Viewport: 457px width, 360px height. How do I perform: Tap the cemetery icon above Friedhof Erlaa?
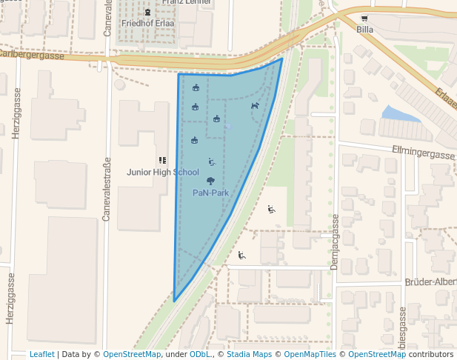tap(147, 12)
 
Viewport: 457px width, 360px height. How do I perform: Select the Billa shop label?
tap(364, 29)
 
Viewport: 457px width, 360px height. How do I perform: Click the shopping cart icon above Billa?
tap(364, 18)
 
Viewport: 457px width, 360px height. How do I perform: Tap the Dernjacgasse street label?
tap(335, 241)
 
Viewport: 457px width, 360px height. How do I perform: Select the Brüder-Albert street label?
tap(430, 282)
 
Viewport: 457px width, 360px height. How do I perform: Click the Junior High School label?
tap(162, 172)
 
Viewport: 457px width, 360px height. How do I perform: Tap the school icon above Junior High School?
tap(162, 160)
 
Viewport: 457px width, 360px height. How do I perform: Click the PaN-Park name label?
tap(210, 193)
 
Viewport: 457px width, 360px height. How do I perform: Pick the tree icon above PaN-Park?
tap(211, 181)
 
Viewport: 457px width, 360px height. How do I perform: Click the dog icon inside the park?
tap(255, 106)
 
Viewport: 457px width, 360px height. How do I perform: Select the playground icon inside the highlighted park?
tap(212, 162)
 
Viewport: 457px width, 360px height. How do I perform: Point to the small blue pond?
tap(401, 113)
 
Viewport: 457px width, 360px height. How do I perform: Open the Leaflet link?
tap(41, 354)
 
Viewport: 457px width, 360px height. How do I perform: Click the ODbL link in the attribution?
tap(200, 354)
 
